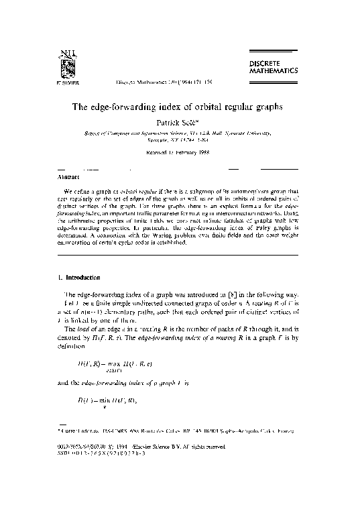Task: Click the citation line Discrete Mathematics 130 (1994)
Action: (x=162, y=84)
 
